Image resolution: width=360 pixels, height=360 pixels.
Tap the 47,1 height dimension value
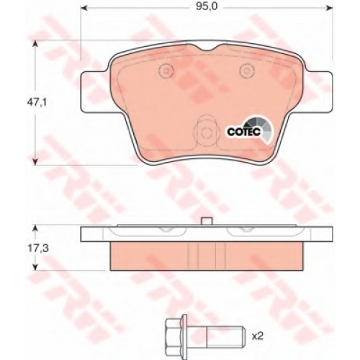pyautogui.click(x=37, y=103)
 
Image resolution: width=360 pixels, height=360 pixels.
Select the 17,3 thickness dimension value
pyautogui.click(x=38, y=248)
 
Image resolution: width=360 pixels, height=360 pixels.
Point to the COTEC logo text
pyautogui.click(x=243, y=132)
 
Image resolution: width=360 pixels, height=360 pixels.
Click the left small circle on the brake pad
pyautogui.click(x=166, y=71)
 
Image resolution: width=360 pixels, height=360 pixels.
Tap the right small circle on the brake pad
pyautogui.click(x=247, y=71)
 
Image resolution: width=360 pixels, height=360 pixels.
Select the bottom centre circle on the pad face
pyautogui.click(x=206, y=132)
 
